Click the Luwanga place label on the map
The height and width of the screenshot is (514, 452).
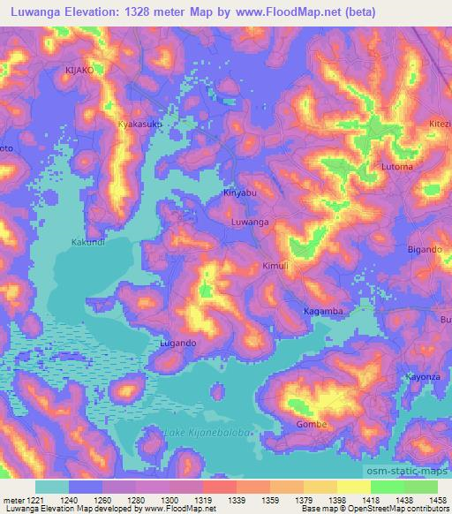pos(249,223)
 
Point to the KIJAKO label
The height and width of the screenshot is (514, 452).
pos(79,68)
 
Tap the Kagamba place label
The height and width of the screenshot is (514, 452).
pos(323,312)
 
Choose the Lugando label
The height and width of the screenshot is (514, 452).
pos(177,342)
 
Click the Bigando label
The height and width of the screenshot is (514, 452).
pos(425,250)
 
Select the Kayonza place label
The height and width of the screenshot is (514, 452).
pos(422,377)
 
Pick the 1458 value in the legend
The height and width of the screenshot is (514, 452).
pos(434,501)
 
